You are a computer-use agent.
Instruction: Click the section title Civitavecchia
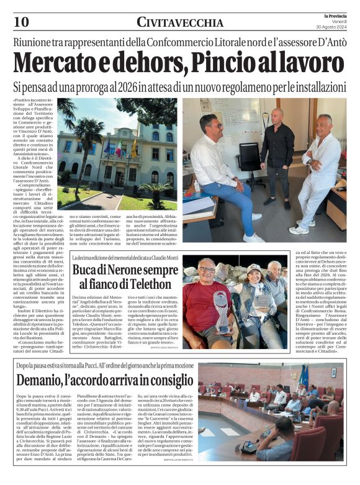point(180,23)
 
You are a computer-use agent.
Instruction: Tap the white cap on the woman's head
point(254,268)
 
